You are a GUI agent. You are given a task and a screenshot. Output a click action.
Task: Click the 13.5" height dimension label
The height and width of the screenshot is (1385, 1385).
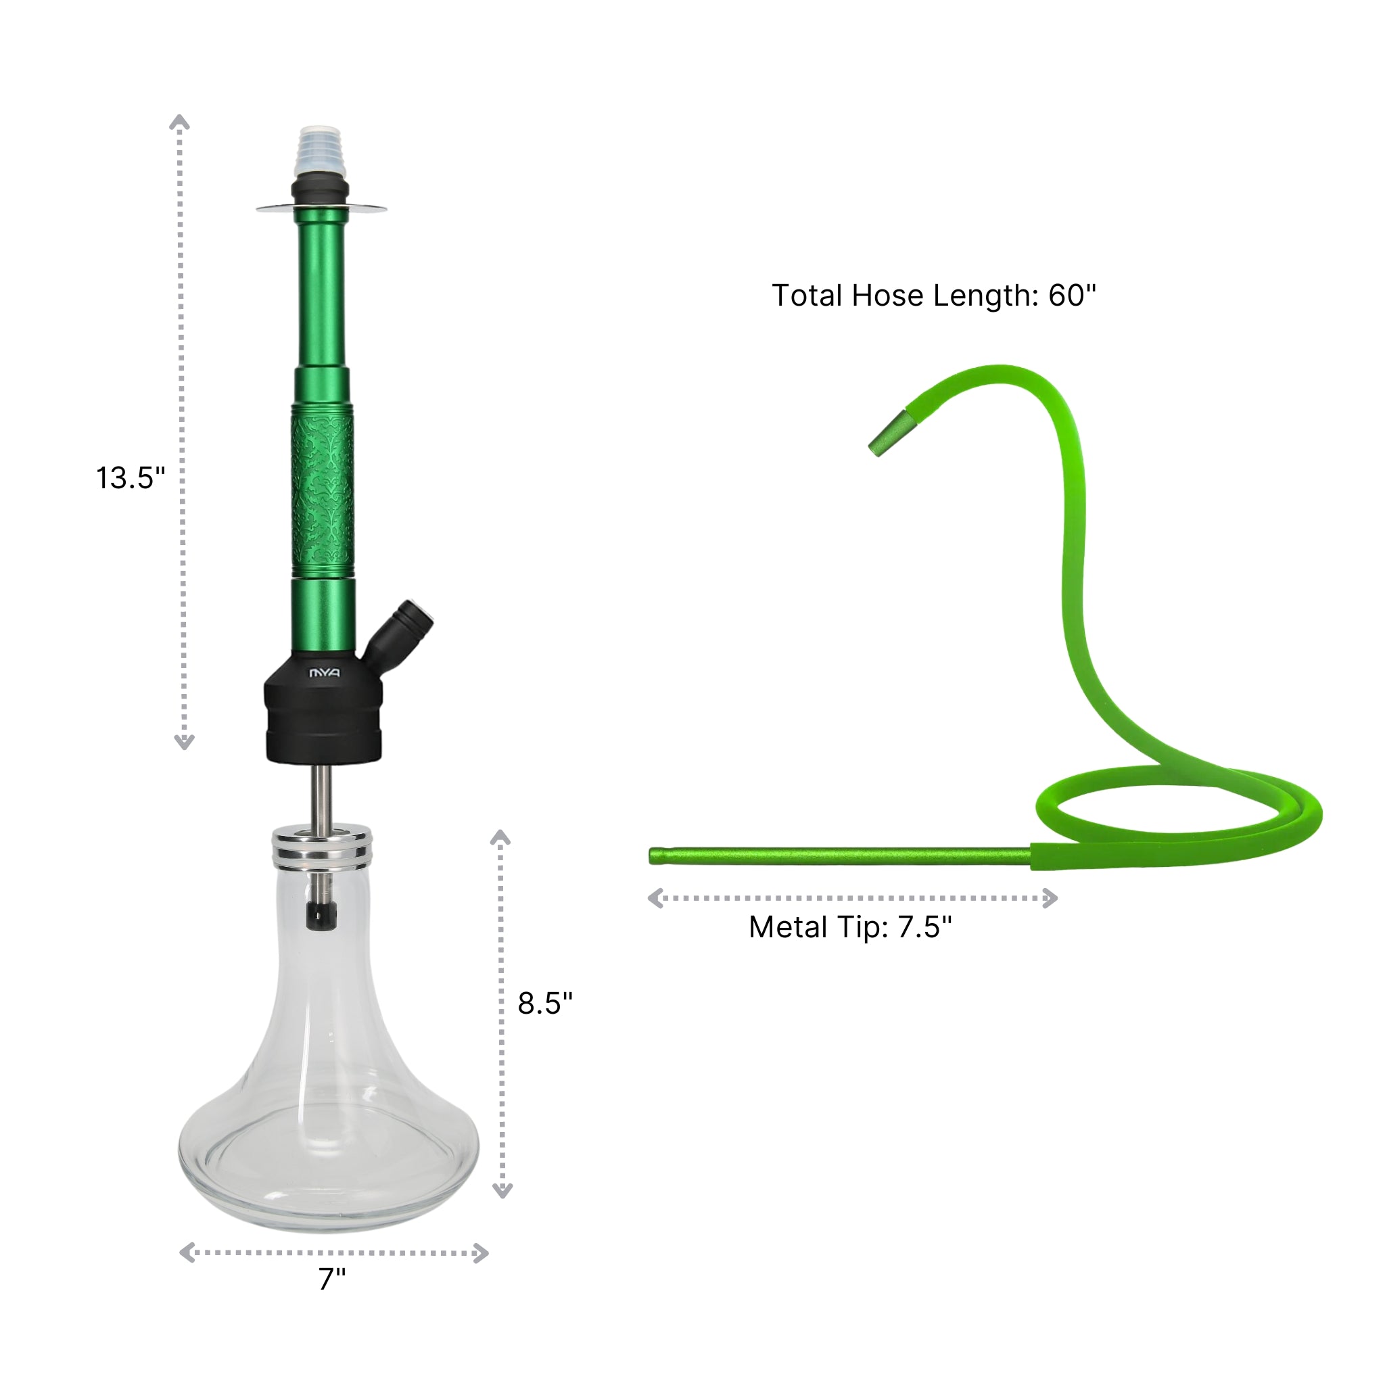(131, 478)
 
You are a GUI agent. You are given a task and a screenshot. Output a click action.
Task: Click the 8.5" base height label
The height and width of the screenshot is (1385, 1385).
(545, 1004)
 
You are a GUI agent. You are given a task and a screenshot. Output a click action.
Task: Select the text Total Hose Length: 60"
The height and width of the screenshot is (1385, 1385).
(933, 296)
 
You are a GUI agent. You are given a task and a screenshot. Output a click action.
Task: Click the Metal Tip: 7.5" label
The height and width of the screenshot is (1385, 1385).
(850, 927)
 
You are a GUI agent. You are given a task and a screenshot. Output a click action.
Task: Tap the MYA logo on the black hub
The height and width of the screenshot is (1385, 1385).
(324, 673)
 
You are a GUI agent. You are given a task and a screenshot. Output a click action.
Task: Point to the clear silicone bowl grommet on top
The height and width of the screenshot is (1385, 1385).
(321, 152)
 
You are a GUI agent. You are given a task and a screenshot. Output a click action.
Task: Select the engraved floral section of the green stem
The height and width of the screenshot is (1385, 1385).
(323, 491)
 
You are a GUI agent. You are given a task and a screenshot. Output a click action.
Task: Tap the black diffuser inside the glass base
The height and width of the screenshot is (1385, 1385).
(321, 917)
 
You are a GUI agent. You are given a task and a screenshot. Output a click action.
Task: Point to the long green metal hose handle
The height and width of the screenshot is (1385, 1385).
(839, 856)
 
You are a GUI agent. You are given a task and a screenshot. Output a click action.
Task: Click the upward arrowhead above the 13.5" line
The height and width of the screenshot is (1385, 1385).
(179, 122)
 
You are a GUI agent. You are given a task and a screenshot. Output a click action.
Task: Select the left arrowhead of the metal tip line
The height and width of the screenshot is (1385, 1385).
(655, 898)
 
